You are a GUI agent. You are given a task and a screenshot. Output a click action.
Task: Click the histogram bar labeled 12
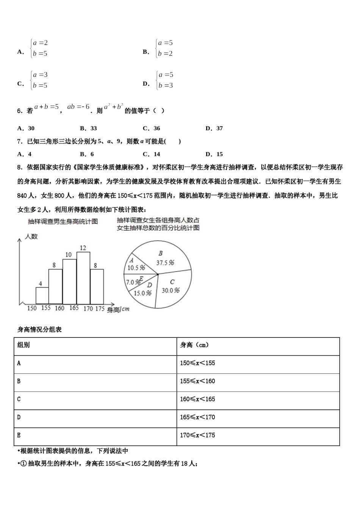pos(83,278)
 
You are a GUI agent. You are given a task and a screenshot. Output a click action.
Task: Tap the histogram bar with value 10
pos(69,282)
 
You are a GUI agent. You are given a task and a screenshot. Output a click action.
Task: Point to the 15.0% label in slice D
pos(142,293)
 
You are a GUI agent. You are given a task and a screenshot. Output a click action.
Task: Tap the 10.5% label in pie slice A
pos(136,267)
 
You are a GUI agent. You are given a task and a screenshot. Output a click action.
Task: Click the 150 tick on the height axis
pos(32,308)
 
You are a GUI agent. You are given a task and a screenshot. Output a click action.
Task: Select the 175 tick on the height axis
pos(100,308)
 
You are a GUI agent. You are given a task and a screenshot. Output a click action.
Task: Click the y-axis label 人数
pos(31,237)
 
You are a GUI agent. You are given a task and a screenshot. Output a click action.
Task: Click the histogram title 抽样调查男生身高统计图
pos(63,222)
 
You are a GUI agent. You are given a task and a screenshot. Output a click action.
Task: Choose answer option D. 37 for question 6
pos(214,128)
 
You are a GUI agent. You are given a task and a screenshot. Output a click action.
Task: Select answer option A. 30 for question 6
pos(26,128)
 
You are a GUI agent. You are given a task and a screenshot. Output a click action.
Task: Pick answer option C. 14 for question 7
pos(152,154)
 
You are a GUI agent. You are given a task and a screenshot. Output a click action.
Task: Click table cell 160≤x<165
pos(197,399)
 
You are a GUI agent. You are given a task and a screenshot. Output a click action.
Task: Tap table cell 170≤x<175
pos(197,435)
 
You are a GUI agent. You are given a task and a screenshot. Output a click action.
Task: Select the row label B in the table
pos(19,381)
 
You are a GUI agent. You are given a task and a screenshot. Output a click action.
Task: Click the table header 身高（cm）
pos(194,345)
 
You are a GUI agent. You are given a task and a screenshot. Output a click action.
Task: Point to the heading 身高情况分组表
pos(39,329)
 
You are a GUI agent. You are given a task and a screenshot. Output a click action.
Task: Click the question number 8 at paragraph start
pos(19,167)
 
